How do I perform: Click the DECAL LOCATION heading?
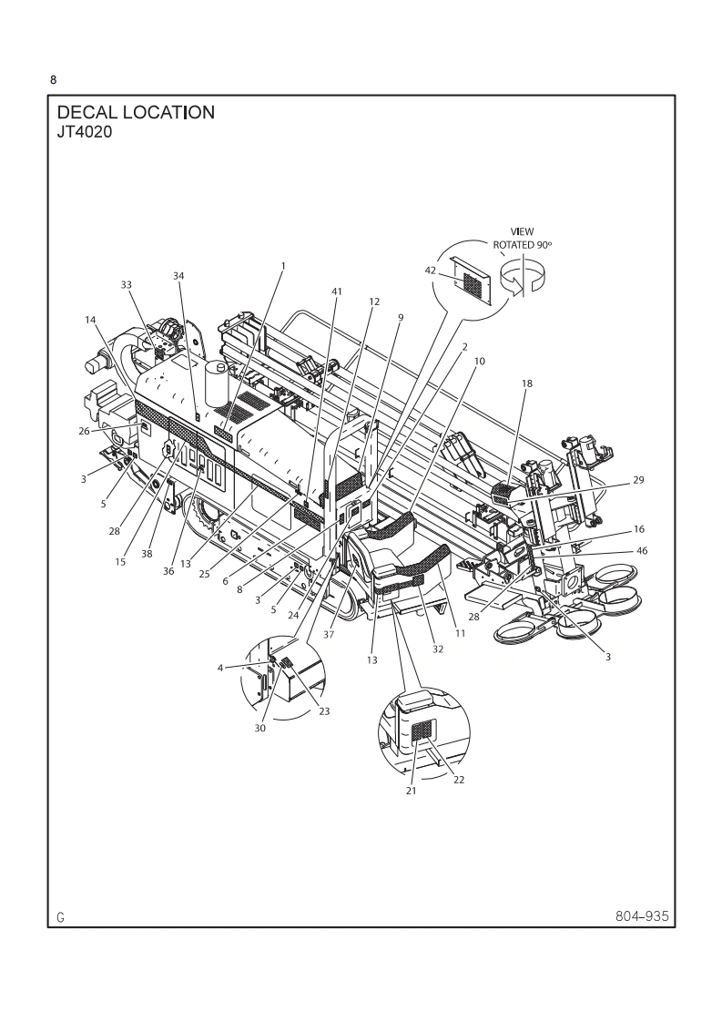tap(136, 113)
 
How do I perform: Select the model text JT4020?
tap(85, 130)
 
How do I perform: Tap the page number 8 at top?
tap(53, 80)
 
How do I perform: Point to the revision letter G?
tap(60, 917)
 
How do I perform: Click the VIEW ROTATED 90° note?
tap(523, 239)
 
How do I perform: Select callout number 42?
tap(431, 270)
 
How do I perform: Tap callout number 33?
tap(127, 284)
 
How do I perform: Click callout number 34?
tap(178, 275)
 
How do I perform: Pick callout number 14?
tap(90, 320)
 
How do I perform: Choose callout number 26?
tap(84, 432)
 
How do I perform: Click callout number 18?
tap(526, 384)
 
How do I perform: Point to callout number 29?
tap(638, 479)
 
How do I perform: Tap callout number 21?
tap(411, 792)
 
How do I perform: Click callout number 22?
tap(459, 780)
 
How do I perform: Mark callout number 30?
tap(259, 727)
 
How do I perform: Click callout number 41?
tap(337, 291)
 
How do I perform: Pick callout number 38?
tap(147, 553)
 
